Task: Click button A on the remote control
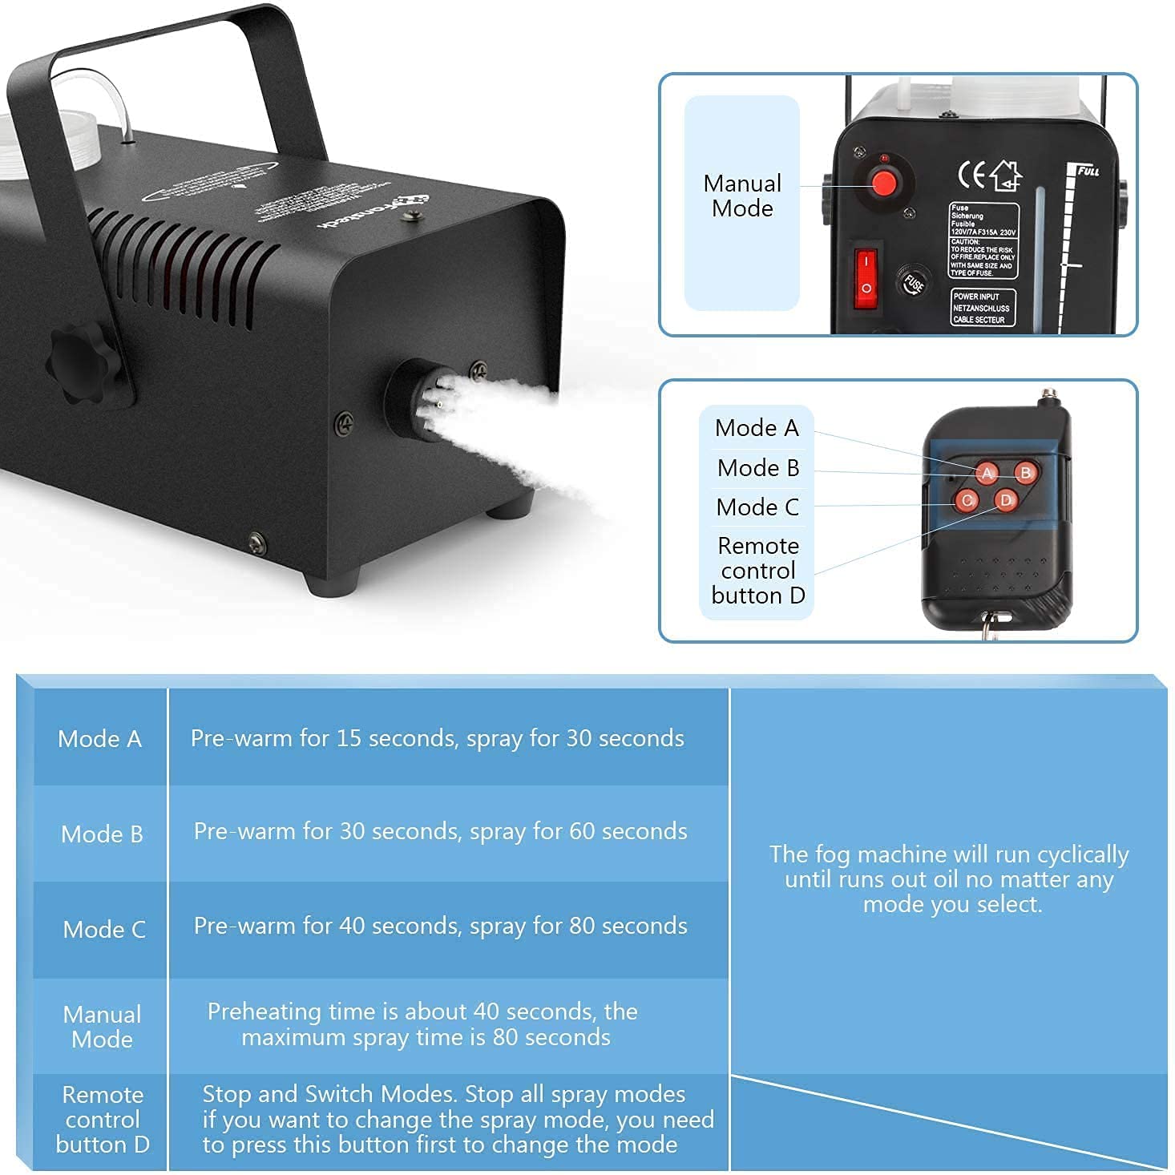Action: pos(987,473)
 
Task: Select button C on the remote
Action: pos(967,501)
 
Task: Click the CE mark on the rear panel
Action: pos(972,175)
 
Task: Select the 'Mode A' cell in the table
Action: pos(99,738)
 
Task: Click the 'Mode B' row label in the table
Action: pos(102,834)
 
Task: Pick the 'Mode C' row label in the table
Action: pos(104,929)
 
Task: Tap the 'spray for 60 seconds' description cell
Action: pos(440,831)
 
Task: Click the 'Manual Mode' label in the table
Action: pos(102,1027)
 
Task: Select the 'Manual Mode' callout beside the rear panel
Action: pos(742,196)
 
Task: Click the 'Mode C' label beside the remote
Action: pos(757,507)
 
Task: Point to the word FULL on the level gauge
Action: pos(1087,171)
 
